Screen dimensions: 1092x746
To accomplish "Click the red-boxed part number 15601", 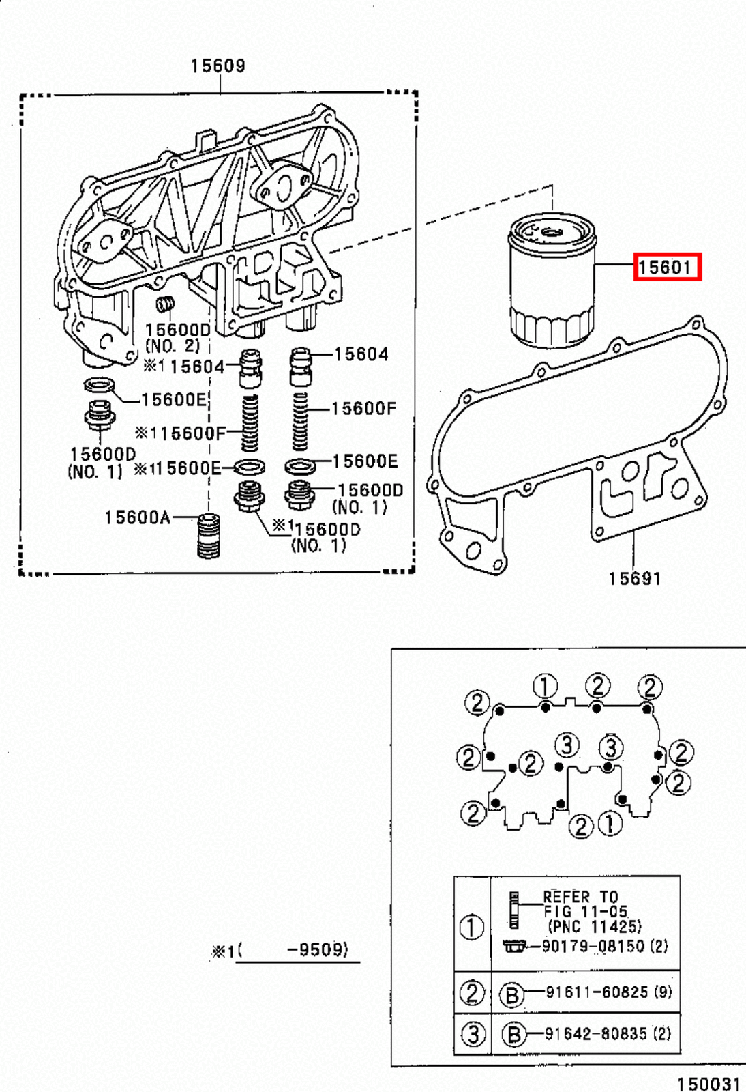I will [666, 267].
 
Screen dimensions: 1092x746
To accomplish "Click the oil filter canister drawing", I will [552, 279].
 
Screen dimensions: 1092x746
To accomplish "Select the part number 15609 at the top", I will [218, 66].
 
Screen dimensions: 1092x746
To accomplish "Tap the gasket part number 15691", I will [634, 579].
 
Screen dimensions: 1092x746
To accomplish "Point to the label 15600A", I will [137, 518].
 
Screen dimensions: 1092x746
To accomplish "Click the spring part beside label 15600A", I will [208, 535].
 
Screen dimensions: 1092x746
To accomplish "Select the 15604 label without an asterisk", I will [361, 354].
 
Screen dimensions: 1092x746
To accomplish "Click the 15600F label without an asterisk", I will [363, 409].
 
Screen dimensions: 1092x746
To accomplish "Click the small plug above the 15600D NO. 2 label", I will [165, 304].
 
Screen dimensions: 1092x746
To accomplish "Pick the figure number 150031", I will [708, 1084].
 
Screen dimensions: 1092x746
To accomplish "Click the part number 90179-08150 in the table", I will [593, 947].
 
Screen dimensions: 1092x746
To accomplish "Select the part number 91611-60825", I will [596, 992].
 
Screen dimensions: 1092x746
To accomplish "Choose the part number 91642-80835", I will [596, 1034].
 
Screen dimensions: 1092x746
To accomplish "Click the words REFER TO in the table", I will [580, 897].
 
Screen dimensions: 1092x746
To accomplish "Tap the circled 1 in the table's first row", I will [472, 927].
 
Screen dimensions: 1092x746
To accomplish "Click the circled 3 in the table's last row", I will [473, 1034].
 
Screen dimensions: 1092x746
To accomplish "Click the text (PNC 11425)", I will [594, 927].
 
